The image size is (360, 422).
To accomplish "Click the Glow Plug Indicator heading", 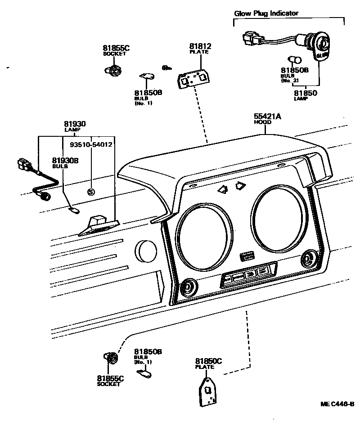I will (x=266, y=13).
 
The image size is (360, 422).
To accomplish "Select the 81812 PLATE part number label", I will (x=200, y=49).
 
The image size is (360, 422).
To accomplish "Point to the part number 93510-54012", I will (x=91, y=145).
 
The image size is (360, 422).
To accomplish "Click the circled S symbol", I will (x=91, y=192).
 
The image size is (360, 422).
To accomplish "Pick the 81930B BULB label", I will (x=65, y=162).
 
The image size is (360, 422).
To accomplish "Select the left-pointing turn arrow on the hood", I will (x=222, y=189).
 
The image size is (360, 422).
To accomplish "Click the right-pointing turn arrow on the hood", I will (x=240, y=185).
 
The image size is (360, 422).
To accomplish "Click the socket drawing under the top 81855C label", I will (x=114, y=70).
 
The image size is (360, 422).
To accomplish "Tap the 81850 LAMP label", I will (x=306, y=95).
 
